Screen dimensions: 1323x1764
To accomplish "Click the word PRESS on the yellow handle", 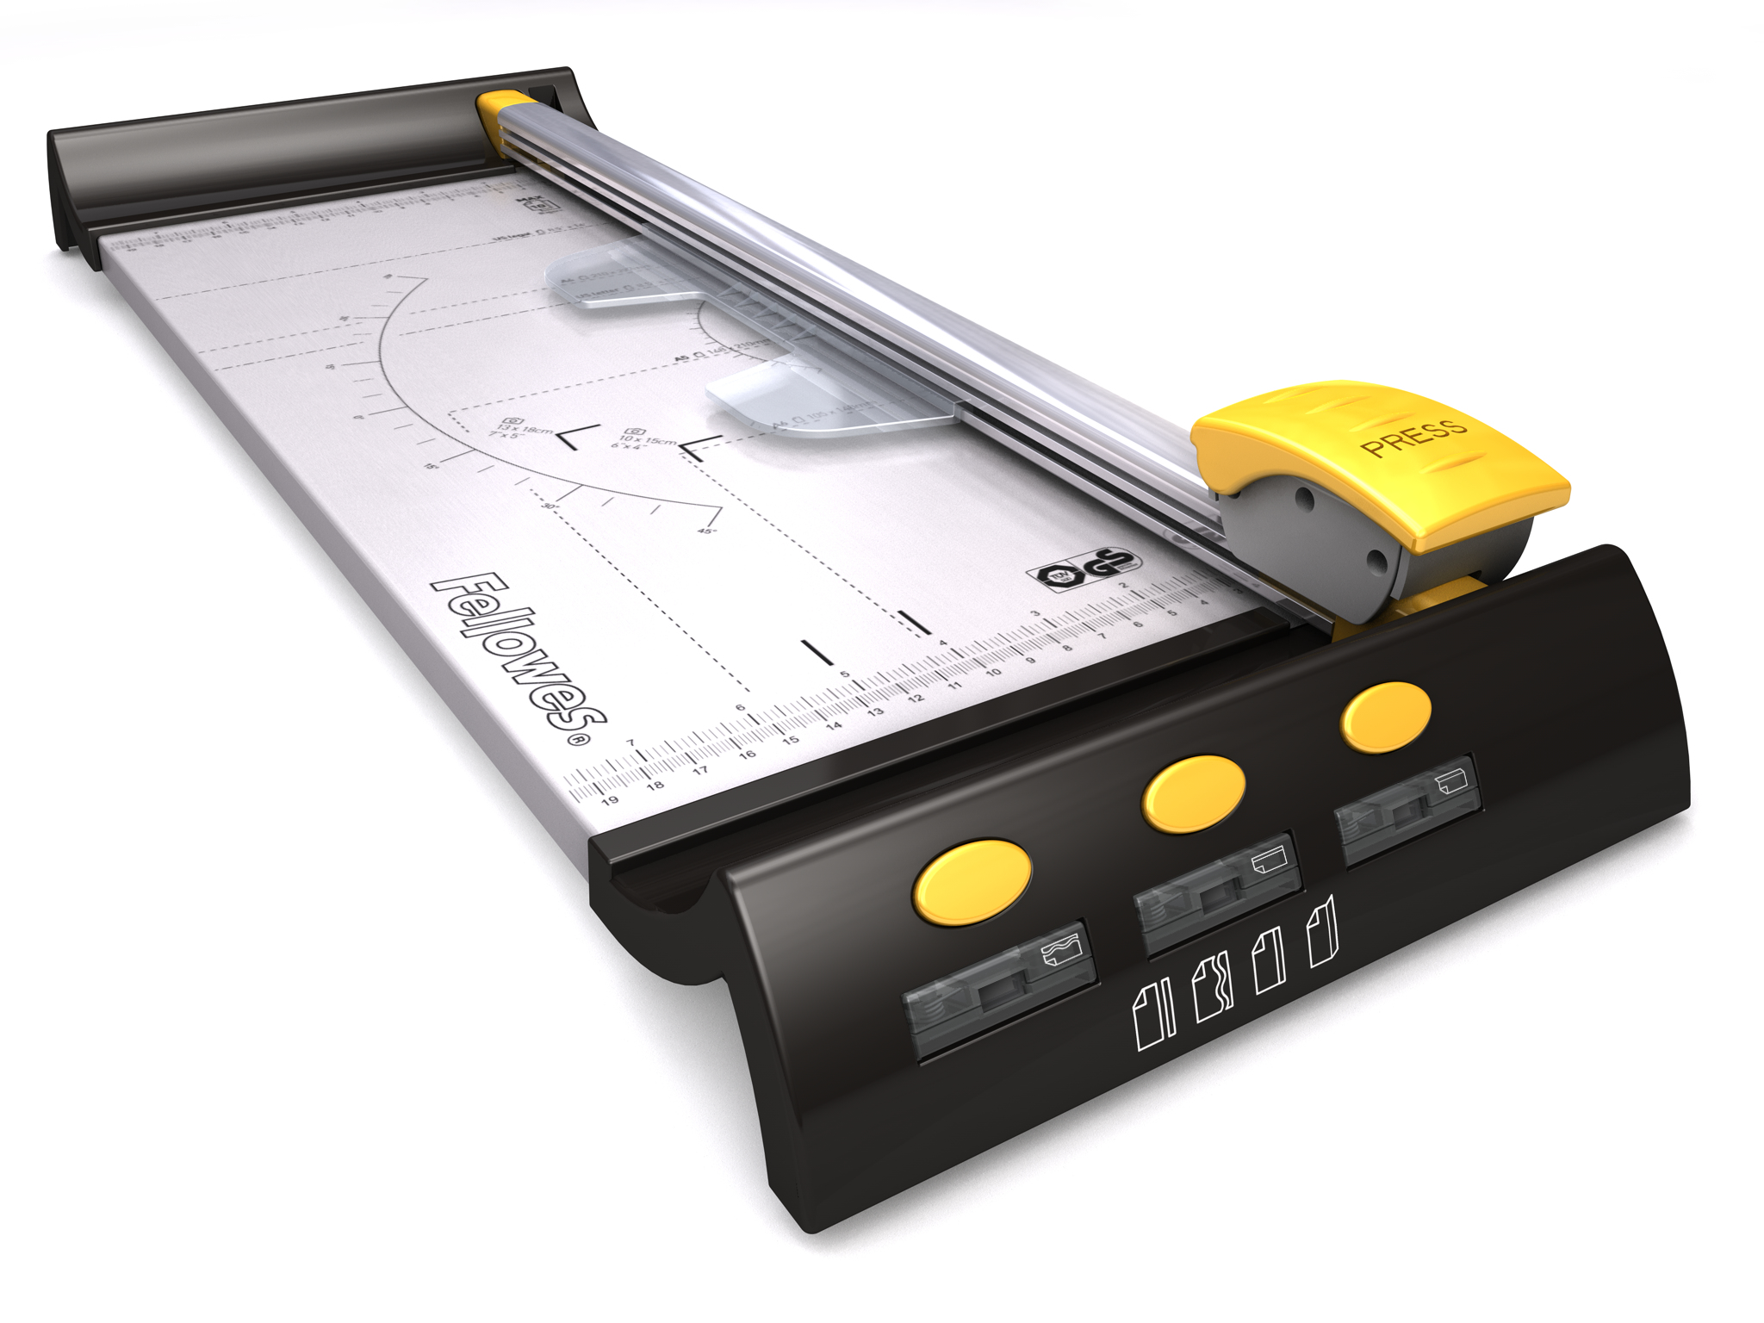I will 1413,437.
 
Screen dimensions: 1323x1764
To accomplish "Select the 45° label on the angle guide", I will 706,531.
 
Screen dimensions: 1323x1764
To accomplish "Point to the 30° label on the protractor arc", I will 550,506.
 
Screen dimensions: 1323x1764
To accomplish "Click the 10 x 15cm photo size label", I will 647,440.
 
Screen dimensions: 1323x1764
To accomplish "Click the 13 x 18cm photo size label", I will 524,428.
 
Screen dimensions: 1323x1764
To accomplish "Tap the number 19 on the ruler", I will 610,800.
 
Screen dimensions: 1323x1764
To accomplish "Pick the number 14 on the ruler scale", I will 834,726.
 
